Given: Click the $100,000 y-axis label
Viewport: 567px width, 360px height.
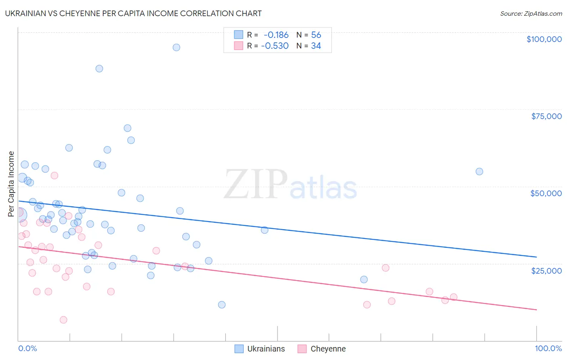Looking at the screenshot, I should coord(544,39).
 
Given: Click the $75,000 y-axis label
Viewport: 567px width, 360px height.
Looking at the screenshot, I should coord(546,116).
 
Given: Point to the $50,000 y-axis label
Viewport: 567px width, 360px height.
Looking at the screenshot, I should coord(546,193).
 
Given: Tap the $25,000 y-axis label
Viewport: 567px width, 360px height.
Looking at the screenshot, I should coord(546,270).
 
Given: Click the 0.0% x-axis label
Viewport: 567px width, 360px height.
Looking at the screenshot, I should coord(27,348).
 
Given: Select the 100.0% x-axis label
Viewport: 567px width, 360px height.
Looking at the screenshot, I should coord(548,348).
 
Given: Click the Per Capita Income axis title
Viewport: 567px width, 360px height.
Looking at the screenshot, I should coord(11,184).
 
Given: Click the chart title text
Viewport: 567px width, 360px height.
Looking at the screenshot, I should coord(133,13).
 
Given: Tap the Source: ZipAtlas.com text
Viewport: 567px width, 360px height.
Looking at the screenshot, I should coord(531,13).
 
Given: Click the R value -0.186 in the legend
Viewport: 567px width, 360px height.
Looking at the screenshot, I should coord(276,35).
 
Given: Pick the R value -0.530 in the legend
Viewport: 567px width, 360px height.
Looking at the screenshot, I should coord(275,46).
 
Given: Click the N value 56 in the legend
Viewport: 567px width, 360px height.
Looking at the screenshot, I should coord(316,35).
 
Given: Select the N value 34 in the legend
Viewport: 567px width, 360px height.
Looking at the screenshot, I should coord(316,46).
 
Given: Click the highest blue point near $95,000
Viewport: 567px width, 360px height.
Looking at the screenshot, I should coord(176,47).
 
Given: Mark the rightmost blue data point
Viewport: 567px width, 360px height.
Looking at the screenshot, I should coord(479,172).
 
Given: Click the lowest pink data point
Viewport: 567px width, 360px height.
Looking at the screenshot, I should coord(63,320).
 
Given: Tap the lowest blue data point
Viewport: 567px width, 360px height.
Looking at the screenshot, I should coord(221,305).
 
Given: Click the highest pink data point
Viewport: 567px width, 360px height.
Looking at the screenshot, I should coord(54,176).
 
